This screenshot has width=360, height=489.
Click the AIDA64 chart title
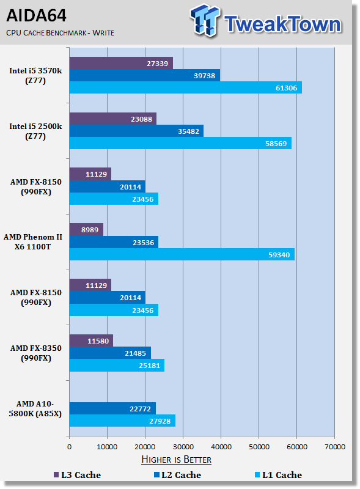tap(36, 15)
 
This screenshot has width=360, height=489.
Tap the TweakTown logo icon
tap(205, 20)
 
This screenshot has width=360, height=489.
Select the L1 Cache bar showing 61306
tap(186, 87)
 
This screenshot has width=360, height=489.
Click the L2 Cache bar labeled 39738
tap(145, 75)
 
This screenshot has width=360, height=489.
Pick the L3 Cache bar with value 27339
tap(121, 64)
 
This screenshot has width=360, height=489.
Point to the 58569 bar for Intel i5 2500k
tap(180, 143)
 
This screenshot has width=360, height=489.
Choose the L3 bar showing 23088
tap(113, 119)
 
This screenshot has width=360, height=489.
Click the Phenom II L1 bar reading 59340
tap(182, 254)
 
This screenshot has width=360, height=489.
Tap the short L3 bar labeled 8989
tap(86, 230)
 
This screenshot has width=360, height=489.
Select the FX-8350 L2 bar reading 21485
tap(110, 353)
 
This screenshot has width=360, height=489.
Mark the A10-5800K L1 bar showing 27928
tap(122, 421)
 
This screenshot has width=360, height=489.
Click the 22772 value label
tap(140, 409)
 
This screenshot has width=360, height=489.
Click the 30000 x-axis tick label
tap(183, 447)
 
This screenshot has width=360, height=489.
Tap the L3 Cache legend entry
tap(77, 475)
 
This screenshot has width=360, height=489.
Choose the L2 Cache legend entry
tap(177, 475)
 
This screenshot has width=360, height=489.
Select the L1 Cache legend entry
tap(278, 475)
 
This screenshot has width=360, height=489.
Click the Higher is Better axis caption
tap(176, 460)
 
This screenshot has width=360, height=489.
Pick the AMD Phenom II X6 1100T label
tap(33, 241)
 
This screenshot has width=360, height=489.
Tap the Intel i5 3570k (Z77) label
tap(35, 75)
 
